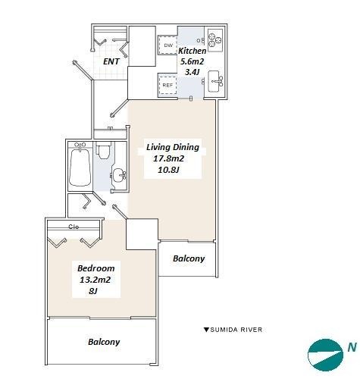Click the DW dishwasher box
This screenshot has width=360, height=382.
coord(167,45)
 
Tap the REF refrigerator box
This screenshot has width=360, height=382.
coord(167,85)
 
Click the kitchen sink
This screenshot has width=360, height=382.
coord(214,80)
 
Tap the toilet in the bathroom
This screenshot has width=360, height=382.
coord(104,150)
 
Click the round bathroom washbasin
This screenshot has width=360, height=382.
coord(119,175)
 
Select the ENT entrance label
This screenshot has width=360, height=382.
coord(111,61)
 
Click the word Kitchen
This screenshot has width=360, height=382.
coord(193,51)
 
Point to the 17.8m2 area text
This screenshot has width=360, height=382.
coord(169,158)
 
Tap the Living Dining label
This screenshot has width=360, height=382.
coord(173,147)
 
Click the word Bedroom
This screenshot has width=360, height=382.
coord(96,268)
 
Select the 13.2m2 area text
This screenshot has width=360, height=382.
coord(95,280)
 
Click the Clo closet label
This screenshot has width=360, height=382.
coord(74,227)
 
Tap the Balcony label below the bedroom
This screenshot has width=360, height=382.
coord(104,342)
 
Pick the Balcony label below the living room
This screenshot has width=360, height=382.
coord(189,258)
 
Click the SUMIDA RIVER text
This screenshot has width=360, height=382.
coord(236,330)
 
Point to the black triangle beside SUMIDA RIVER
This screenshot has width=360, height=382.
coord(206,330)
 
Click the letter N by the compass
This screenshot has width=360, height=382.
coord(352,347)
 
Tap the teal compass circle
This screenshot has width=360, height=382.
coord(326,355)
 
